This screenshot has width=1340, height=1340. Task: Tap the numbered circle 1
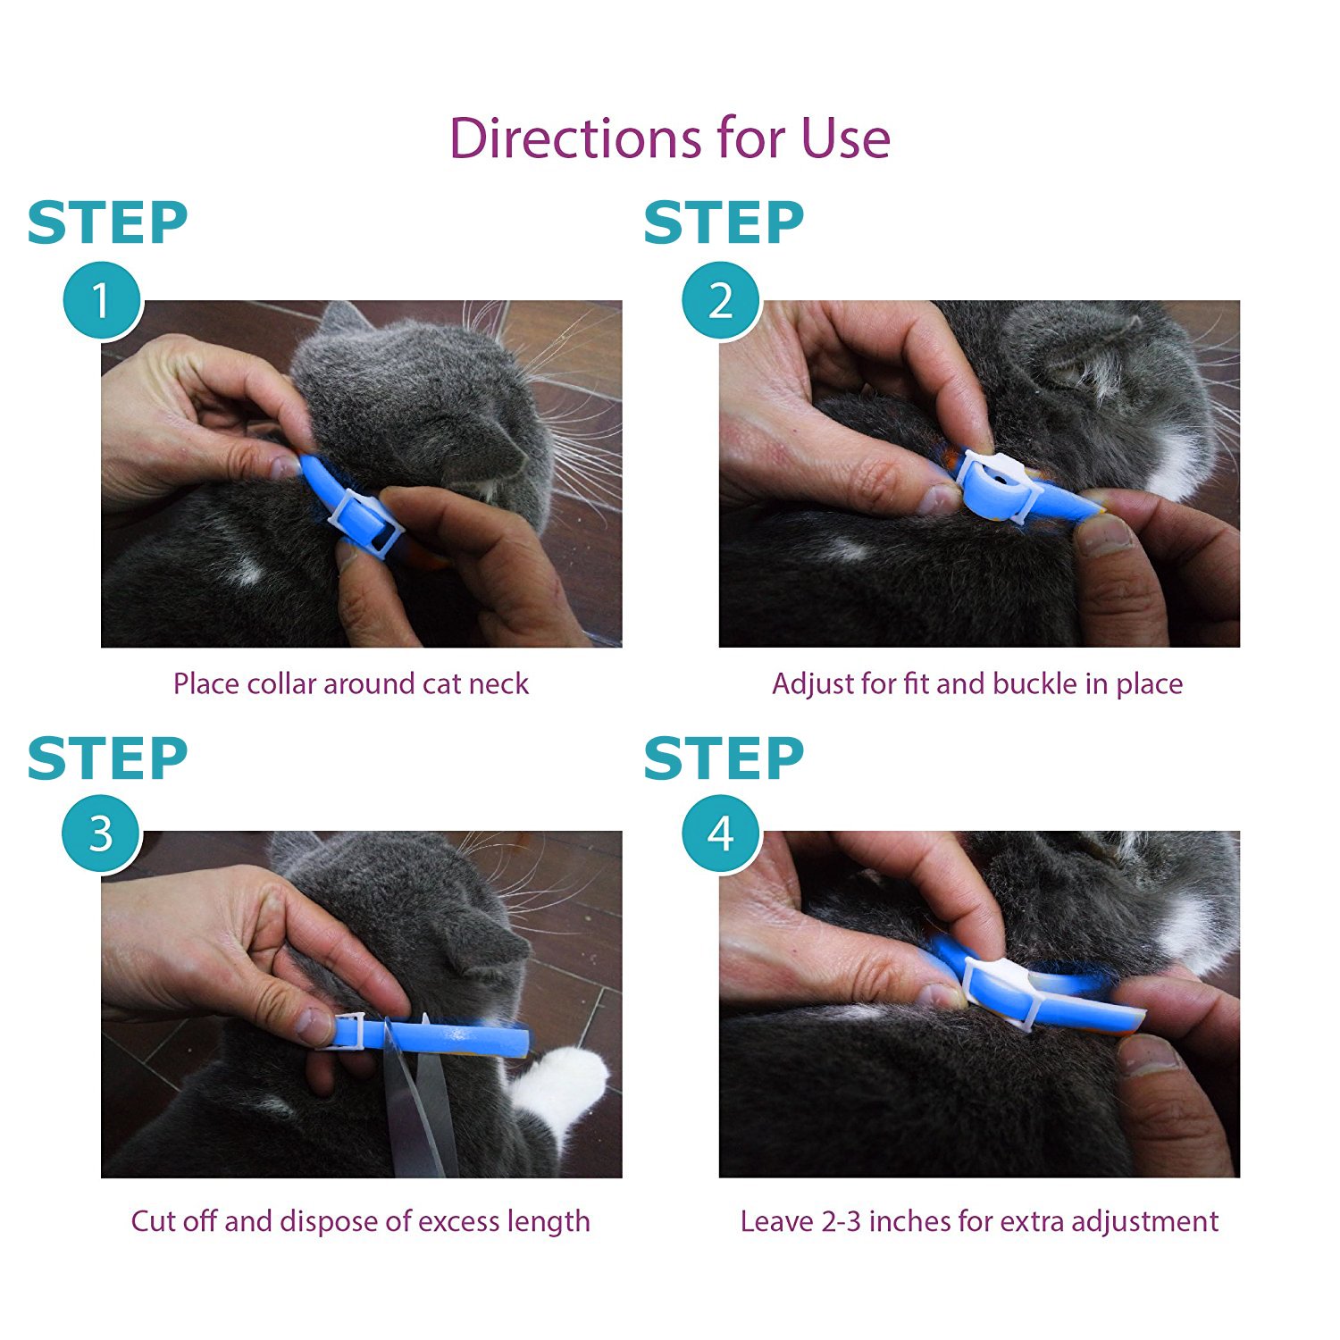[x=101, y=300]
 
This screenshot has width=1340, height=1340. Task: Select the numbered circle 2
[x=720, y=300]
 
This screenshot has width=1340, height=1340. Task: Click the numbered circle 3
[x=101, y=834]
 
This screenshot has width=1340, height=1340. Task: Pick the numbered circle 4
[x=720, y=834]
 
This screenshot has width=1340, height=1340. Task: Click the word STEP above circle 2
[x=724, y=223]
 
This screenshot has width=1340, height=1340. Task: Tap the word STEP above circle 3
[x=107, y=759]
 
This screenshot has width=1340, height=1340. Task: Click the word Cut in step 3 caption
[x=149, y=1221]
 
